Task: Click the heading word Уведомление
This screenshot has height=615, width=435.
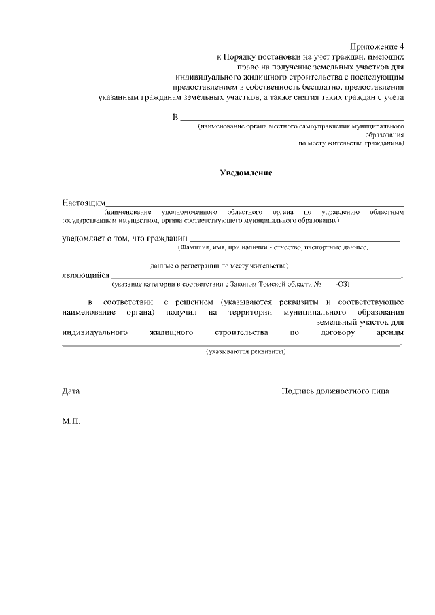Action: tap(246, 173)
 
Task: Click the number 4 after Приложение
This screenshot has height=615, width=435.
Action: tap(402, 46)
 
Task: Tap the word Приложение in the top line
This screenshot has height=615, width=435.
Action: tap(374, 46)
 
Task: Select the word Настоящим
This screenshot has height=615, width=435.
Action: tap(84, 203)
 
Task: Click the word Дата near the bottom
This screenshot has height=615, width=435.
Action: tap(71, 391)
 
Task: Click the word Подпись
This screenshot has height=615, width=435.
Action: tap(299, 391)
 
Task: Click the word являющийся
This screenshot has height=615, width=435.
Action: tap(85, 275)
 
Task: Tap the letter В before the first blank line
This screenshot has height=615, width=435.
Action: tap(175, 118)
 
